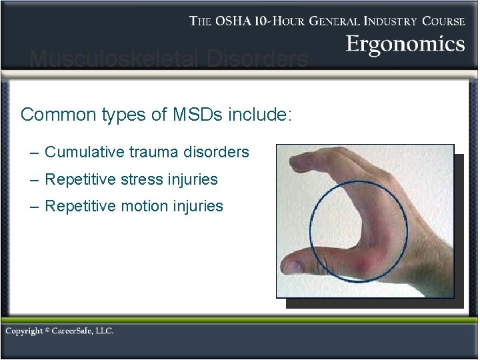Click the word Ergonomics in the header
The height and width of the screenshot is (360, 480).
pyautogui.click(x=405, y=45)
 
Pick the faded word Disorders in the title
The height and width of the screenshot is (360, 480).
pyautogui.click(x=257, y=60)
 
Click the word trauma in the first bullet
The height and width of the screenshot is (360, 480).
pyautogui.click(x=150, y=152)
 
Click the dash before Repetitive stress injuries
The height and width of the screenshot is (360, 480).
pyautogui.click(x=35, y=180)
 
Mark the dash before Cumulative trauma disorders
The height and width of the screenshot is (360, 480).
pyautogui.click(x=35, y=153)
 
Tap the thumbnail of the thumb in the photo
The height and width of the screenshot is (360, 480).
pyautogui.click(x=293, y=266)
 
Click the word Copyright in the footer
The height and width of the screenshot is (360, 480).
pyautogui.click(x=24, y=331)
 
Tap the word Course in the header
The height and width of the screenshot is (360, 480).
pyautogui.click(x=443, y=21)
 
